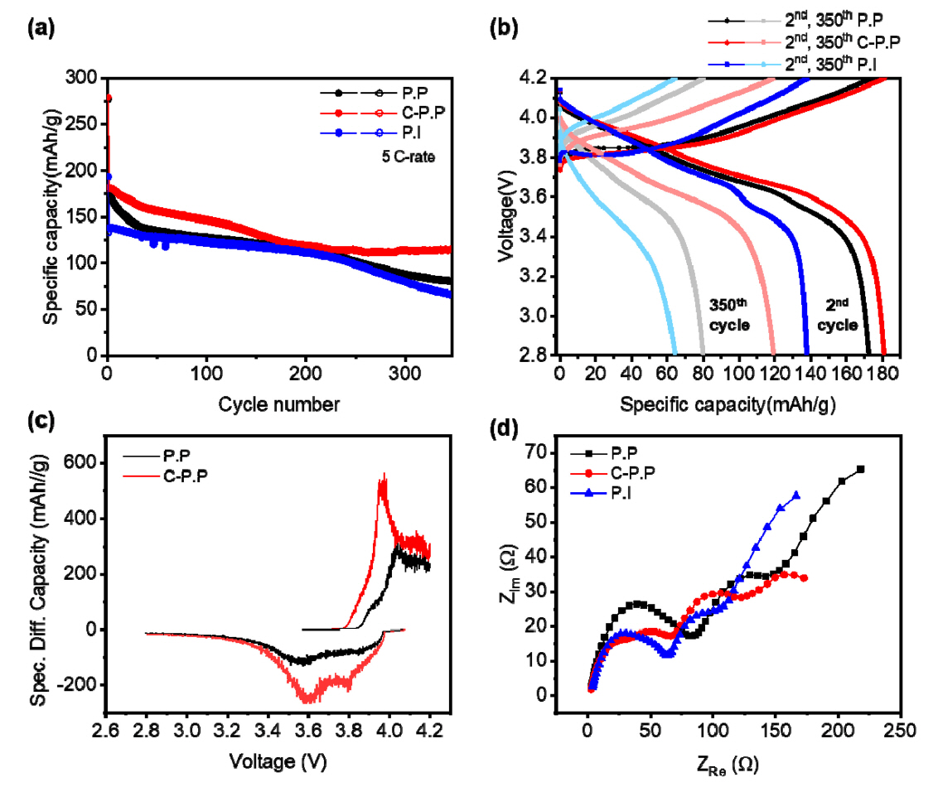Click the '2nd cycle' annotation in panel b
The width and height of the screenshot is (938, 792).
838,316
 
